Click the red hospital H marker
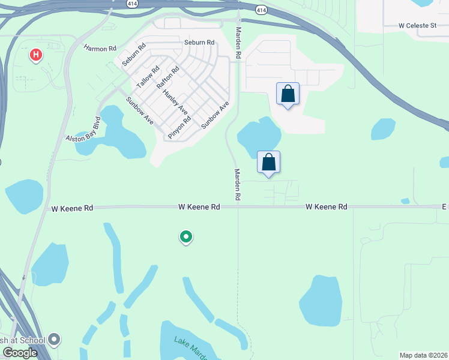click(x=36, y=55)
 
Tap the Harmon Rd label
click(x=100, y=48)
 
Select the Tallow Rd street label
click(x=147, y=77)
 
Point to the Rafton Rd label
click(x=168, y=78)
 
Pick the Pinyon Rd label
click(x=179, y=127)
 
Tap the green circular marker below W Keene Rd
click(x=186, y=237)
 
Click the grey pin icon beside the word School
click(x=55, y=340)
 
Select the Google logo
click(x=20, y=353)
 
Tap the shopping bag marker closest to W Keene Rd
click(x=269, y=162)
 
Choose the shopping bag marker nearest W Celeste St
click(x=288, y=94)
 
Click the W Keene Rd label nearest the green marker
click(x=199, y=206)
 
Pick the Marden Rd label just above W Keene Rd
click(x=238, y=184)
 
